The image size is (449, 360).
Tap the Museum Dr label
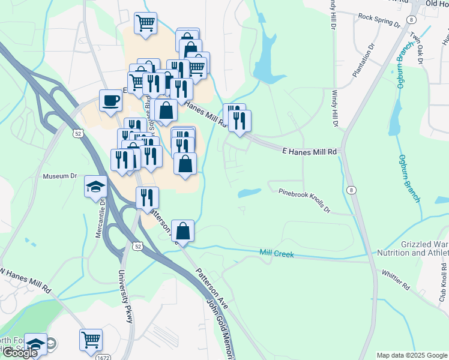point(60,176)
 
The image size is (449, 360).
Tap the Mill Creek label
point(277,254)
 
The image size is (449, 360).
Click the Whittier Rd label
point(394,280)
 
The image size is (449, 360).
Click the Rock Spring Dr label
point(379,20)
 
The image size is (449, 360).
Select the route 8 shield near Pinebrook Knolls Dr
point(351,190)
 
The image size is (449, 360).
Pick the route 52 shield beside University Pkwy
point(137,246)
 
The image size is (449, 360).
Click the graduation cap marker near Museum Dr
point(95,187)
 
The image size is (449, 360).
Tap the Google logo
point(20,353)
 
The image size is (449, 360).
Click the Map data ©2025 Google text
point(411,355)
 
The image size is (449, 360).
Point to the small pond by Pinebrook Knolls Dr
point(249,193)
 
